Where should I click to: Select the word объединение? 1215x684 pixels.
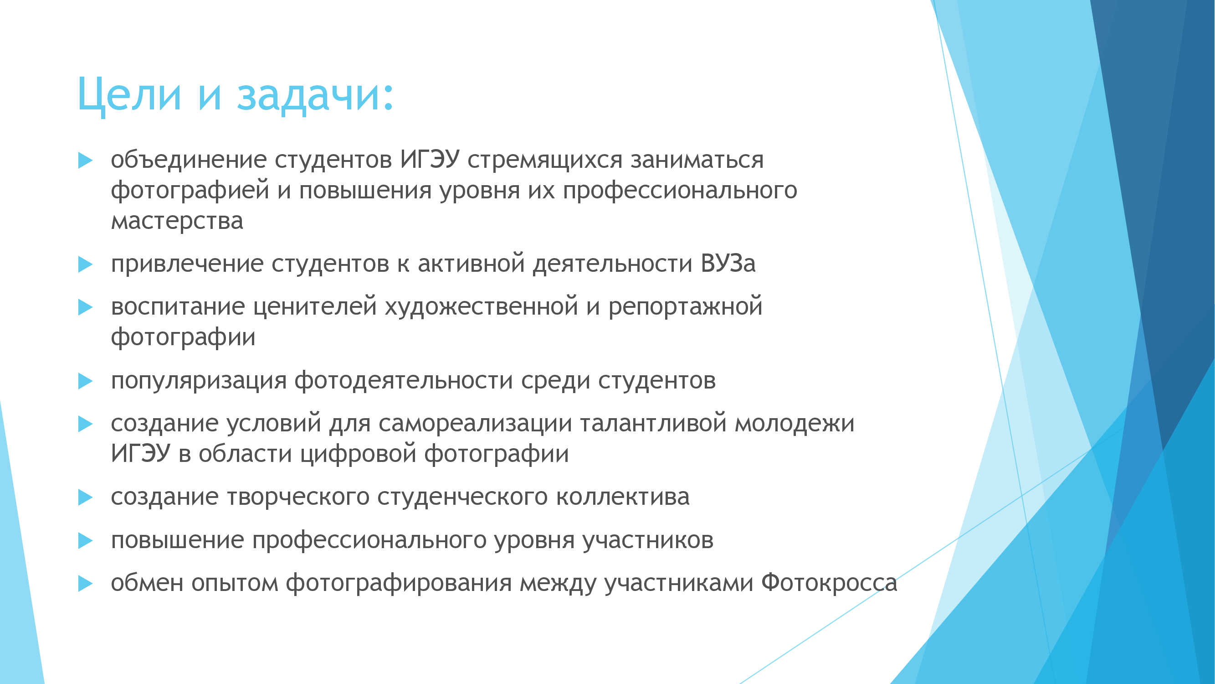[189, 160]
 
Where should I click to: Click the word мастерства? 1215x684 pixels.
[177, 221]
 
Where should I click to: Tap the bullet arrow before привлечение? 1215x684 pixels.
[85, 264]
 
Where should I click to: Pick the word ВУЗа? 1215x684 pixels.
[728, 263]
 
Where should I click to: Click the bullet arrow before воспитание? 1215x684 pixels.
[85, 307]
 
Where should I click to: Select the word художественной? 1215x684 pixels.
[482, 307]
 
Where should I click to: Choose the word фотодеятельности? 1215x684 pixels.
[403, 381]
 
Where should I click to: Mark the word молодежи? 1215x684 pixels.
[795, 424]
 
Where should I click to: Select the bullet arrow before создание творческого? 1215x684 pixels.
[85, 497]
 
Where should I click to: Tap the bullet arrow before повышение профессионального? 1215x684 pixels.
[85, 540]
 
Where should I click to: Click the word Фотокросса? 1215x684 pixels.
[829, 583]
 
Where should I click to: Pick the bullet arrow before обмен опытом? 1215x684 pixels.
[85, 584]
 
